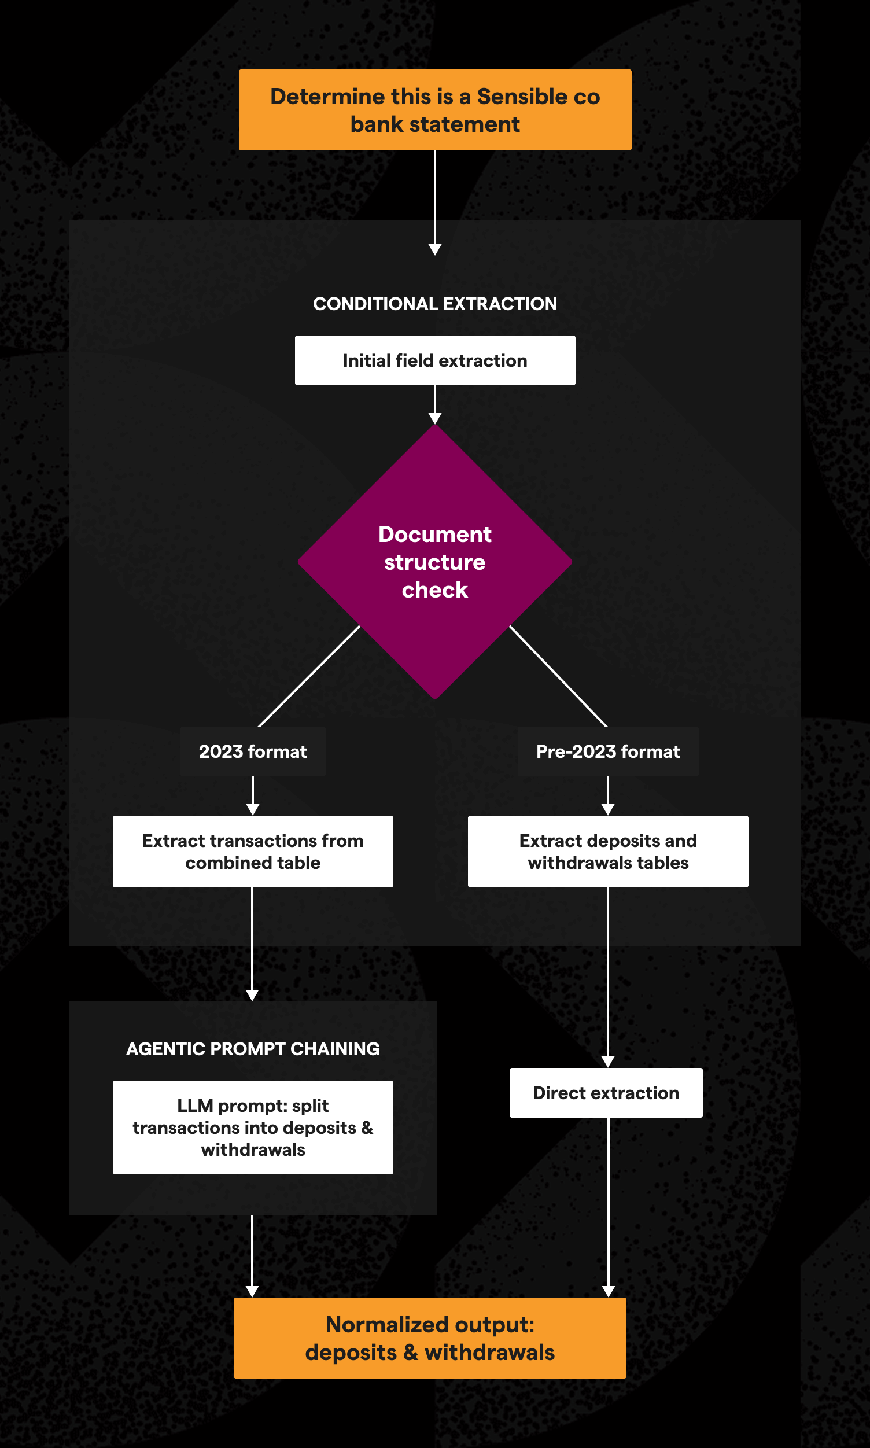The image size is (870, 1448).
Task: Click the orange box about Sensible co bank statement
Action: click(435, 109)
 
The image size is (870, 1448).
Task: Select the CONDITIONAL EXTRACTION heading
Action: click(435, 304)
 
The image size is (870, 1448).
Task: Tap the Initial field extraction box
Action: click(435, 360)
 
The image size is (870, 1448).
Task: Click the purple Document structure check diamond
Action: click(435, 561)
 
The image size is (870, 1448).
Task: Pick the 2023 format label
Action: click(253, 751)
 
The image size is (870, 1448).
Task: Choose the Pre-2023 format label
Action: click(608, 751)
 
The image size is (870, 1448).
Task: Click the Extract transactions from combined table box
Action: click(253, 851)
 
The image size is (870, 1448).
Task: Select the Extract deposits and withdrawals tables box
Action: click(608, 851)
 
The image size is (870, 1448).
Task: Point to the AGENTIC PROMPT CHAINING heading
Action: click(253, 1049)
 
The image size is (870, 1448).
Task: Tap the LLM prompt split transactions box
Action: click(253, 1128)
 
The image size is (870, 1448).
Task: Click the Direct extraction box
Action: click(606, 1093)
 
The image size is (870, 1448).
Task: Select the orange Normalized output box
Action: click(430, 1338)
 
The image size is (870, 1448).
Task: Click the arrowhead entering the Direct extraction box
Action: click(608, 1062)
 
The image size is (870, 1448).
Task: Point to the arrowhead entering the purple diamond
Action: click(435, 419)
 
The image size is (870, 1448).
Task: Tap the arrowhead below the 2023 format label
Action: click(253, 809)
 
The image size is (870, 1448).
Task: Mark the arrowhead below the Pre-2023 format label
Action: click(608, 809)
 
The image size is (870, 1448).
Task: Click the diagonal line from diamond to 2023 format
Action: click(309, 676)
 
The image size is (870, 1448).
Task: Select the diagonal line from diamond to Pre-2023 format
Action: click(558, 676)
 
